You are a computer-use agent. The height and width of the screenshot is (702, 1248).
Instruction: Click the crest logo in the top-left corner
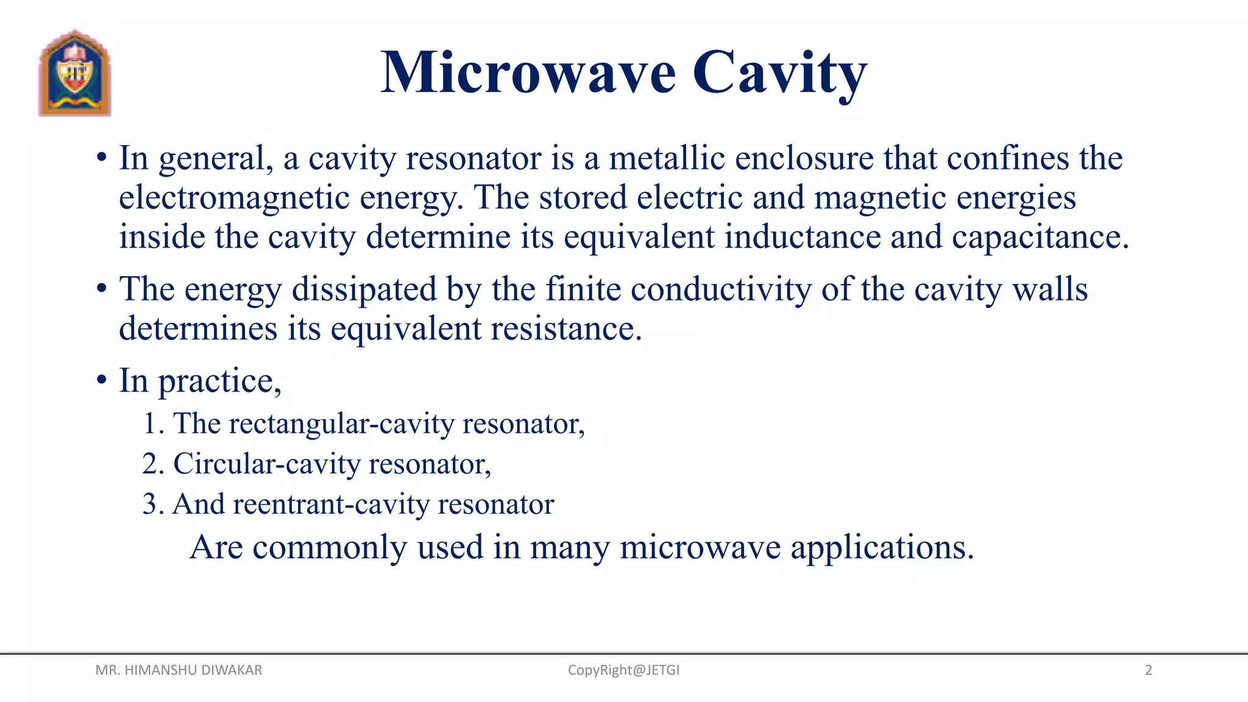(x=75, y=73)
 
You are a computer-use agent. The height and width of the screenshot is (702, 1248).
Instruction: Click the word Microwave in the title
(x=528, y=73)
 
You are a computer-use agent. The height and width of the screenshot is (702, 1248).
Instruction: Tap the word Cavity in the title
(x=779, y=73)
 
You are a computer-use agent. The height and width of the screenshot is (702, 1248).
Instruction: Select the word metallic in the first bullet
(x=667, y=158)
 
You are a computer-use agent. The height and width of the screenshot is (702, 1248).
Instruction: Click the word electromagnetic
(x=234, y=198)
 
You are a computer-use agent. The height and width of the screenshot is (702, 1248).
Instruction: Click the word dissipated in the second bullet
(x=364, y=289)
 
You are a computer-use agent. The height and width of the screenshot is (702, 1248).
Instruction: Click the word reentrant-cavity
(x=331, y=505)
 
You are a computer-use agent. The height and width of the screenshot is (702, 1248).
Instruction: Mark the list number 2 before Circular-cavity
(x=150, y=464)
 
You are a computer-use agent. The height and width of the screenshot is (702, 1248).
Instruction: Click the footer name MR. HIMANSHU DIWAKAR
(x=179, y=670)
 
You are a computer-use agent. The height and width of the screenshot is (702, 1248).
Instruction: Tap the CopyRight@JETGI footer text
(x=623, y=670)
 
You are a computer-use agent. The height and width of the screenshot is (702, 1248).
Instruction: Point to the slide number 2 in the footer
(x=1149, y=670)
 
